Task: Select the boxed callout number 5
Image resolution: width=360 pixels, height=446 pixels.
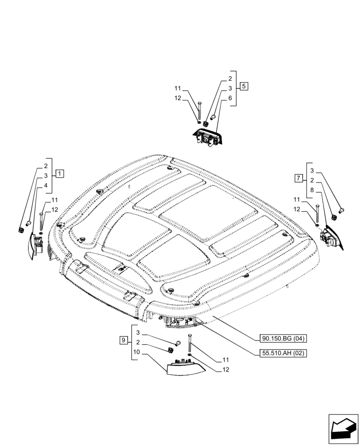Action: click(x=244, y=86)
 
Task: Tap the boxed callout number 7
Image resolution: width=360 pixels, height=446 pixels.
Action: click(x=299, y=179)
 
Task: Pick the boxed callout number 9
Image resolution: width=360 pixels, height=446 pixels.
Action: click(x=123, y=341)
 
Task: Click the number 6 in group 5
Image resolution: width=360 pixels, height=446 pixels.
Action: click(x=230, y=98)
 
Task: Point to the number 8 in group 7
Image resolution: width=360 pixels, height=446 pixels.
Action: click(x=312, y=190)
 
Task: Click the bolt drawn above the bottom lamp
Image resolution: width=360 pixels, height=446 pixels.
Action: click(x=190, y=343)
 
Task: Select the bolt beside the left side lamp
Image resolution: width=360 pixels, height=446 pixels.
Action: click(x=41, y=221)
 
